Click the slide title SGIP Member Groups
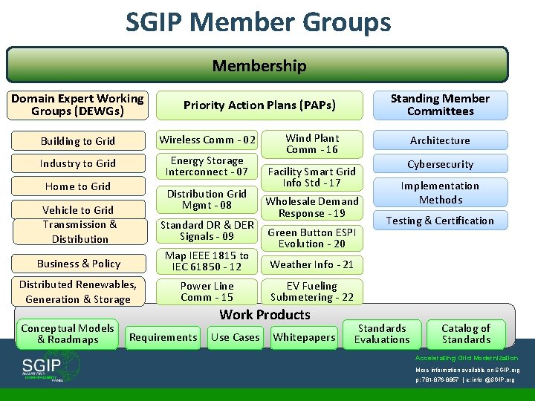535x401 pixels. coord(258,22)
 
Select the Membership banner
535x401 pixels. coord(258,65)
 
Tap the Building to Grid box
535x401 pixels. coord(78,141)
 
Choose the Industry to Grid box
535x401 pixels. coord(78,163)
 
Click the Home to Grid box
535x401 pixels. coord(78,186)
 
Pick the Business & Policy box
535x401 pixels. coord(78,264)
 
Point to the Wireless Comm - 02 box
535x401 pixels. coord(207,140)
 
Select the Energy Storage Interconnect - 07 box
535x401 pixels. coord(207,166)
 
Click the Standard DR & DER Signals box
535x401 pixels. coord(207,230)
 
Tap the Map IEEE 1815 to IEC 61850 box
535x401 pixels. coord(207,261)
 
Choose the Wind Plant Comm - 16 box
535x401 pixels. coord(312,143)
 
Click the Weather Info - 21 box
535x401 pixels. coord(312,264)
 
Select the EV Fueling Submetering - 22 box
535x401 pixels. coord(312,291)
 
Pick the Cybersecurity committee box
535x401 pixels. coord(440,164)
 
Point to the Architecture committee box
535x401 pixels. coord(440,140)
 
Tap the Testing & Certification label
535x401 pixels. coord(440,221)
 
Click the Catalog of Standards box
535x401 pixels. coord(466,334)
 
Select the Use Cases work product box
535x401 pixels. coord(235,337)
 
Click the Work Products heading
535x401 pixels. coord(265,314)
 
